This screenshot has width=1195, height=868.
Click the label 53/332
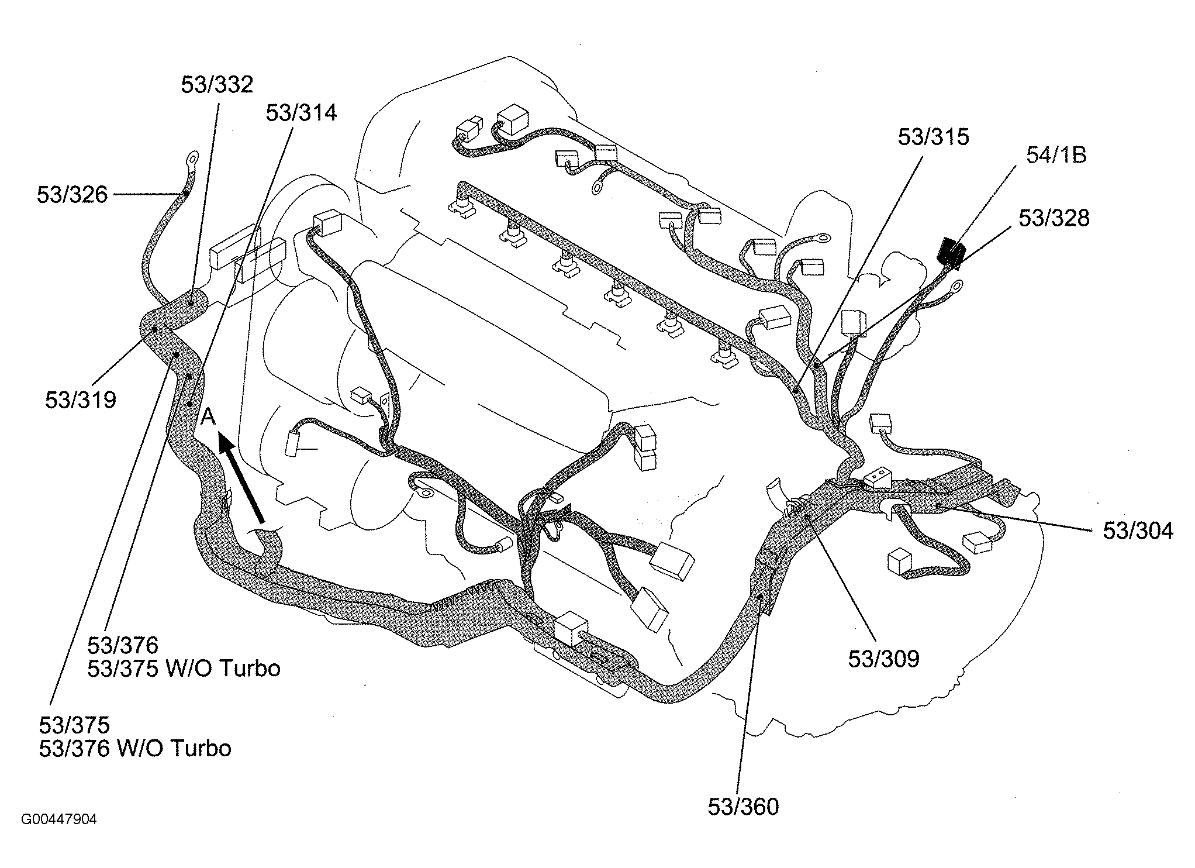pyautogui.click(x=217, y=85)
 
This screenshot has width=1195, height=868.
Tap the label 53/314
pyautogui.click(x=301, y=113)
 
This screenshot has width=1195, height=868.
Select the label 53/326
pyautogui.click(x=72, y=194)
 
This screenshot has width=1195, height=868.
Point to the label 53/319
pyautogui.click(x=81, y=400)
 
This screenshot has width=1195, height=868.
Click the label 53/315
pyautogui.click(x=934, y=137)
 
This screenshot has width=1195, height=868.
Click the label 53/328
pyautogui.click(x=1054, y=218)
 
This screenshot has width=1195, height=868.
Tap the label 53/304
pyautogui.click(x=1138, y=531)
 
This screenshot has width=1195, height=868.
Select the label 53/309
pyautogui.click(x=884, y=659)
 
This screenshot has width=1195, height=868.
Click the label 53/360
pyautogui.click(x=743, y=807)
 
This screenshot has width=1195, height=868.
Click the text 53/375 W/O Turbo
pyautogui.click(x=184, y=669)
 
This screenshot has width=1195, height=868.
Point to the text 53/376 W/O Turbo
pyautogui.click(x=135, y=748)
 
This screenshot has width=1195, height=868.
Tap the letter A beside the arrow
pyautogui.click(x=209, y=417)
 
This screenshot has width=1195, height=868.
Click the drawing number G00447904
pyautogui.click(x=59, y=819)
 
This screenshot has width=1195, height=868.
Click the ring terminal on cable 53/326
pyautogui.click(x=191, y=158)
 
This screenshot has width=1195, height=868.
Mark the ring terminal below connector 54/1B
pyautogui.click(x=956, y=287)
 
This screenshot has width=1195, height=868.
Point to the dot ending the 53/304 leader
pyautogui.click(x=937, y=504)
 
